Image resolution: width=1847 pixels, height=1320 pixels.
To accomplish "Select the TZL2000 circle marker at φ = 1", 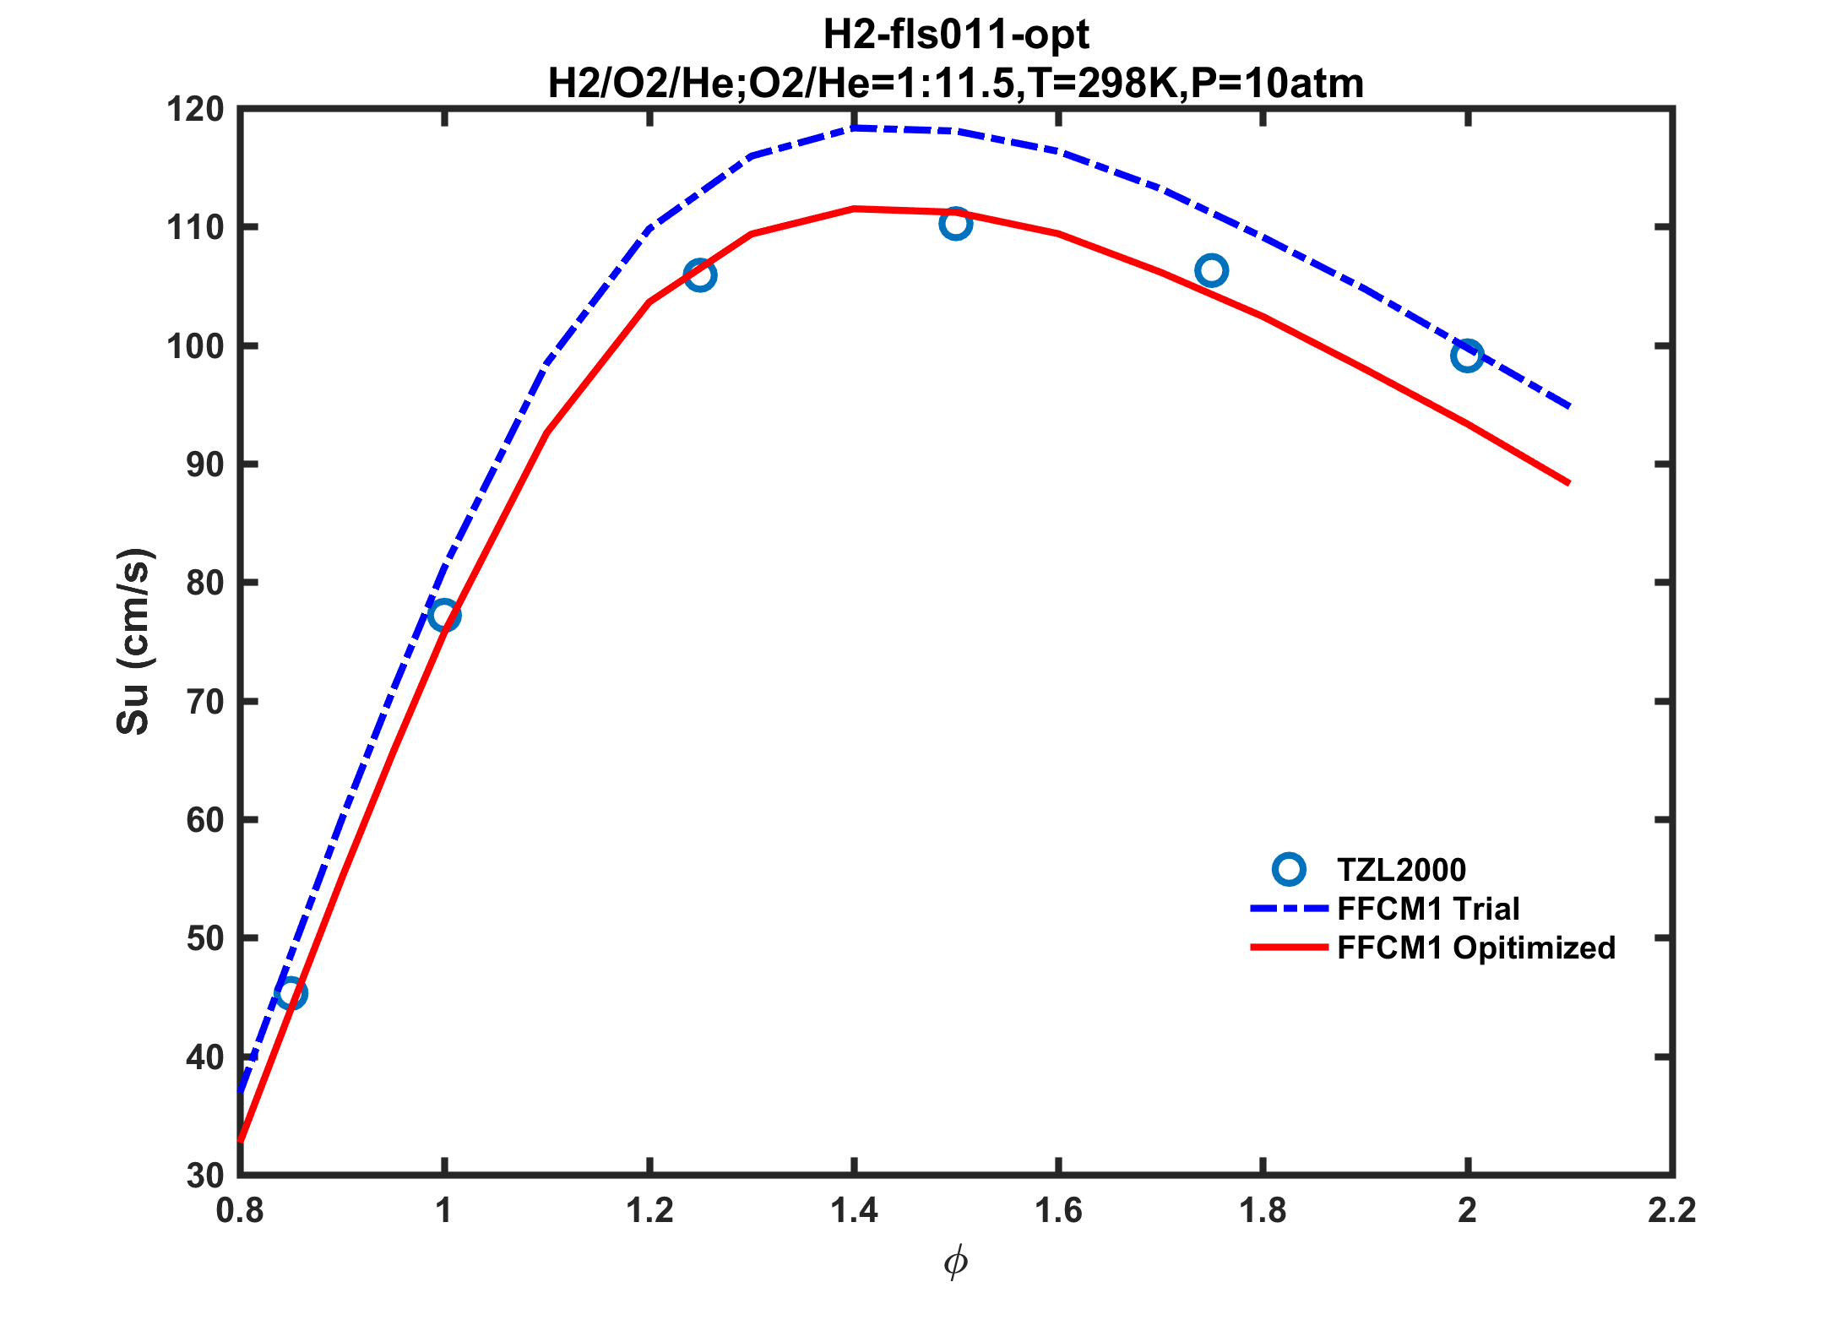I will [444, 616].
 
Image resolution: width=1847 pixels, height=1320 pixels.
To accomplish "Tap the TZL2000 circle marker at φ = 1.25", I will [700, 275].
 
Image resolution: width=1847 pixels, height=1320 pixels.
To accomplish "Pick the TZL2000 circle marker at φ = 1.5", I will [956, 224].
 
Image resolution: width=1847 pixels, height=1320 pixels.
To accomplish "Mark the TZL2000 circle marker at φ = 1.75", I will [1212, 270].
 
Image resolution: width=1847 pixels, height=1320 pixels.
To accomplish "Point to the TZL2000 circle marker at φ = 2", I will [1468, 356].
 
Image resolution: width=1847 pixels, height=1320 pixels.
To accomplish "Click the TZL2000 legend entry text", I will [1402, 870].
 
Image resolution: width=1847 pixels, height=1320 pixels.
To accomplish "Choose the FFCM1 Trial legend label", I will [1428, 909].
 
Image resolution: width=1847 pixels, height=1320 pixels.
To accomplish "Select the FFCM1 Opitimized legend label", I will [1476, 948].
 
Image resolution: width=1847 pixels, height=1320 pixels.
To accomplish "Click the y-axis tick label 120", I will [196, 110].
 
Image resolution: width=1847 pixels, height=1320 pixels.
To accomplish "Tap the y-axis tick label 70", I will [204, 702].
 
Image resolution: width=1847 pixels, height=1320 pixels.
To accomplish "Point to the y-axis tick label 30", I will [204, 1176].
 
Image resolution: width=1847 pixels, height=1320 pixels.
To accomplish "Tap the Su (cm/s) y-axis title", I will [133, 642].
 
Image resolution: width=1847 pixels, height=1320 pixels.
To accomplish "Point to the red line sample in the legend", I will [1289, 948].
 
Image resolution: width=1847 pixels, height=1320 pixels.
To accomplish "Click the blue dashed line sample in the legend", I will [1289, 909].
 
